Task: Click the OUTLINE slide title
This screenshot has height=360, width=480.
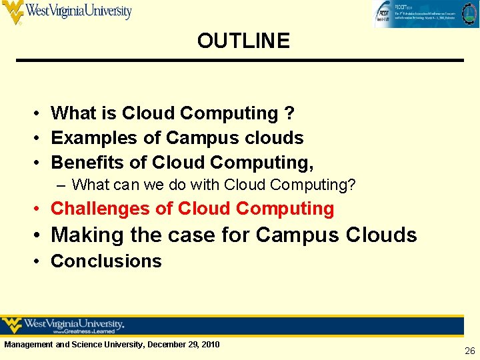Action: (x=243, y=41)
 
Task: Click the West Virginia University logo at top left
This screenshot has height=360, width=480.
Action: (x=67, y=11)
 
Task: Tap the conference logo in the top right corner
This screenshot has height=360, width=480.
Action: (x=425, y=13)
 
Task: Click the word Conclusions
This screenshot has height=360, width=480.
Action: (x=106, y=261)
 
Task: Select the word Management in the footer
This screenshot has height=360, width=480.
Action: (x=29, y=345)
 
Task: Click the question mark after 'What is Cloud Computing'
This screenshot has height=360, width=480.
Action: (x=289, y=114)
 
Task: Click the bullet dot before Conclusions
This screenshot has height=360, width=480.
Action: (x=39, y=261)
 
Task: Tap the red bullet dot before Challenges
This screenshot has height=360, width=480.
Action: (x=39, y=209)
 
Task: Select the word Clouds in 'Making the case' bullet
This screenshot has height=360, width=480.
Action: (x=382, y=235)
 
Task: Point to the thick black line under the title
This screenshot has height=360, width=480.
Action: (x=240, y=61)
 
